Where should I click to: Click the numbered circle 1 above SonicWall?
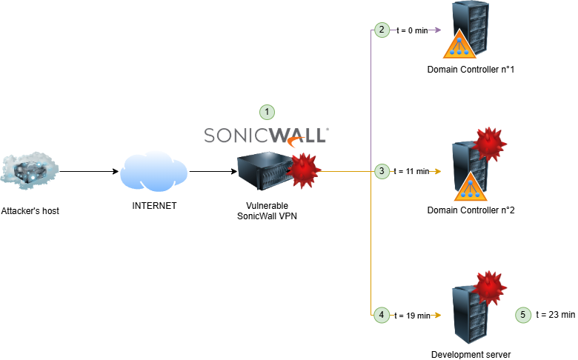point(267,112)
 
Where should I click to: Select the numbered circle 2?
point(381,30)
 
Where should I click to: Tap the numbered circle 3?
point(381,171)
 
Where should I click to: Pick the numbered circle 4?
point(381,315)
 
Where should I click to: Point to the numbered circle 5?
point(522,315)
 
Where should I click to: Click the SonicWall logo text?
point(266,135)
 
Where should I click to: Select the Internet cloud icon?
point(154,172)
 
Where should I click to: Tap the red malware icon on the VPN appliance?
point(304,171)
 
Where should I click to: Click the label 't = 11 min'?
point(411,172)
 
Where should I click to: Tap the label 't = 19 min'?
point(412,316)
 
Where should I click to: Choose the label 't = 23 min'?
point(555,315)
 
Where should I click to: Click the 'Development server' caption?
point(471,354)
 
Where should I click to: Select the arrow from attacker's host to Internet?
point(89,172)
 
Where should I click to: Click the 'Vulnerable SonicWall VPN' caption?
point(267,210)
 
